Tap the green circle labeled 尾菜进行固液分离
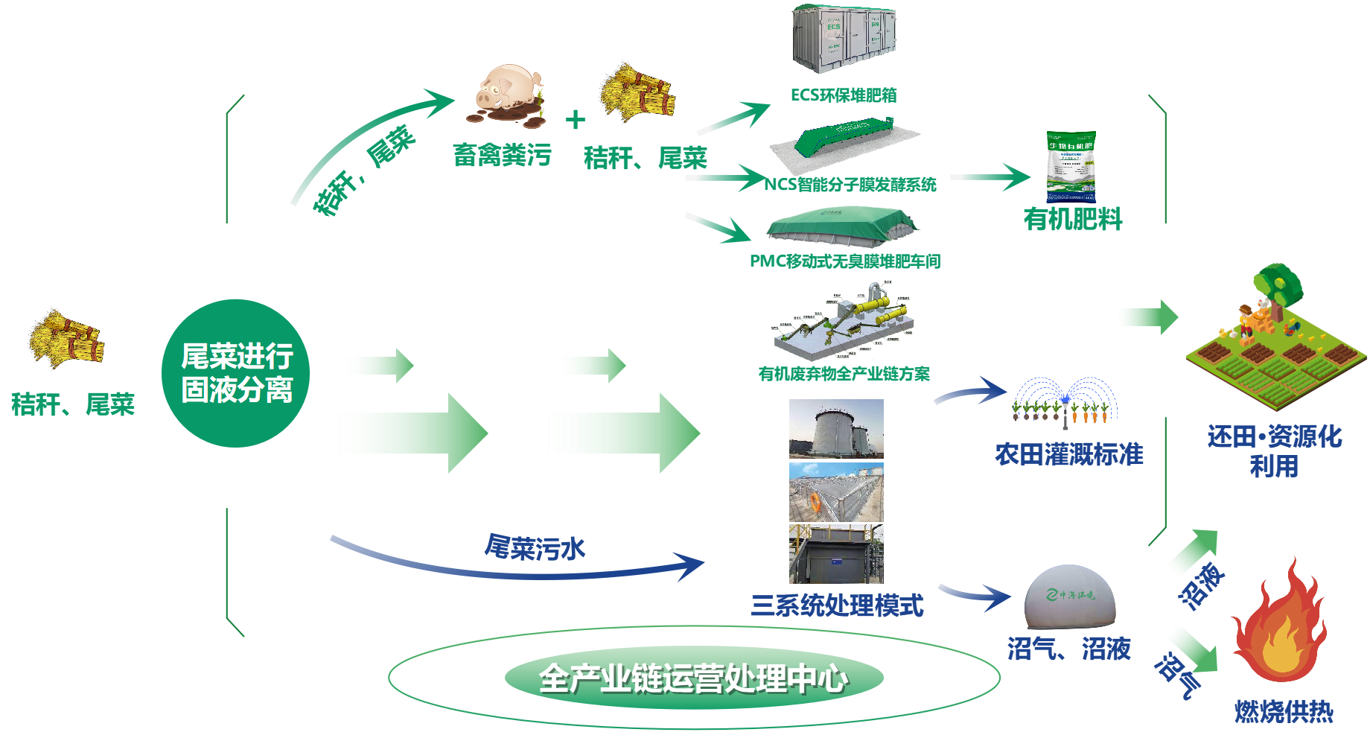point(236,373)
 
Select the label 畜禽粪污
point(502,156)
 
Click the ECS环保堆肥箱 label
point(843,95)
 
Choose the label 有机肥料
point(1072,220)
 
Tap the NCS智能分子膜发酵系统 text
point(850,185)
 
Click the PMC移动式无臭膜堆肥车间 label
point(845,261)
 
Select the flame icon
point(1278,626)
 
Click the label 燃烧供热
point(1283,712)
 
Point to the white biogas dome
point(1070,596)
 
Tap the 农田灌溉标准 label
point(1068,454)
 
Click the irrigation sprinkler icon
point(1065,402)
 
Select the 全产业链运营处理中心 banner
point(693,678)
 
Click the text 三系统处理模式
point(837,605)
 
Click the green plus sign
point(575,120)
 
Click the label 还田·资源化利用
point(1274,451)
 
